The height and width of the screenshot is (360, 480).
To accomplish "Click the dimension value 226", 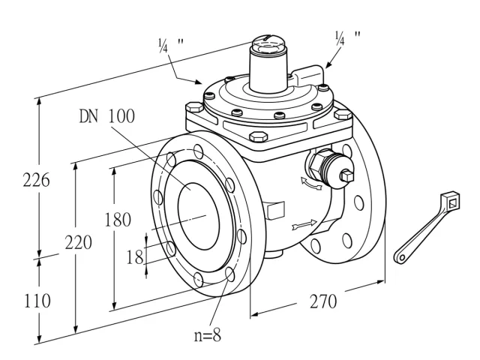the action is click(x=36, y=180).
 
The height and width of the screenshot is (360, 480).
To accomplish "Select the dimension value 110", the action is click(x=37, y=301).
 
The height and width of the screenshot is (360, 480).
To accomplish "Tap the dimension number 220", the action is click(x=78, y=243).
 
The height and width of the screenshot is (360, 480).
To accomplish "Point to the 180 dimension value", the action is click(x=118, y=220).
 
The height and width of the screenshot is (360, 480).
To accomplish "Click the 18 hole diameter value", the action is click(x=135, y=256).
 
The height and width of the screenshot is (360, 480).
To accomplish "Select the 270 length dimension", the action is click(x=323, y=301).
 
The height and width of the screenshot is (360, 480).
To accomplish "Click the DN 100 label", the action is click(x=107, y=116).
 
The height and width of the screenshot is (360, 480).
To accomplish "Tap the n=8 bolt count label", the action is click(x=208, y=335).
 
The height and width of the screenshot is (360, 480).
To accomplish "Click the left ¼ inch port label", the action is click(x=171, y=45).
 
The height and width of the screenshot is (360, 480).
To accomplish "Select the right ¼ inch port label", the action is click(x=348, y=38).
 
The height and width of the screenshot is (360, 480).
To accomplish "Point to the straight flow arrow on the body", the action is click(x=304, y=225).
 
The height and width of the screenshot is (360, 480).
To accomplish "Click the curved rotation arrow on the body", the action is click(x=310, y=183).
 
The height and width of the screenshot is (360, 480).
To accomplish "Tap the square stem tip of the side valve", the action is click(x=347, y=176).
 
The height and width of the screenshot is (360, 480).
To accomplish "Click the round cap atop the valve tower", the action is click(x=268, y=45).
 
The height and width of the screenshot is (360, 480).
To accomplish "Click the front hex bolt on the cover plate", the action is click(x=258, y=136).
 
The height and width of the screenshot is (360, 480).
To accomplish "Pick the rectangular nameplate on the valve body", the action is click(x=276, y=210).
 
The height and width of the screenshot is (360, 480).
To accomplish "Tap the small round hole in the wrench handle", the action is click(x=401, y=258).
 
